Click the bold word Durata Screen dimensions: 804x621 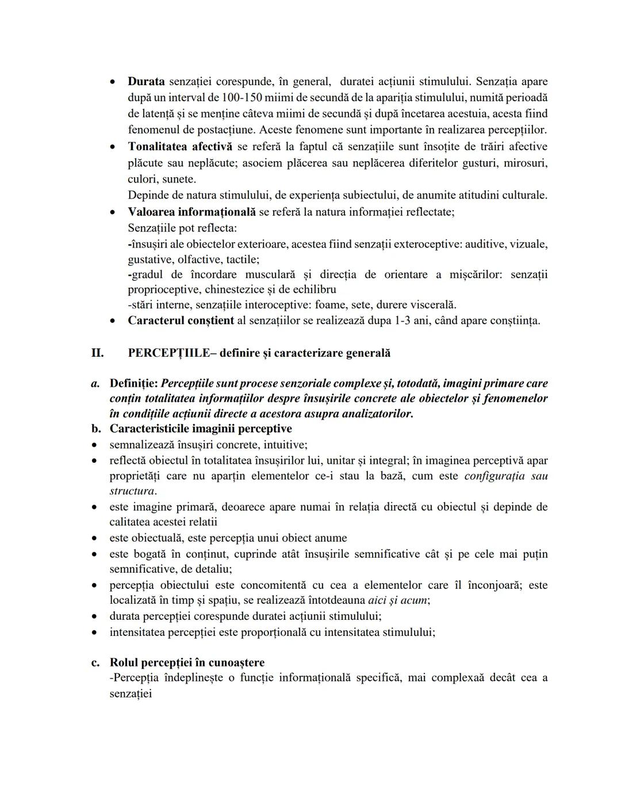pyautogui.click(x=146, y=82)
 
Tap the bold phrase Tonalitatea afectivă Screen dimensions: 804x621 pyautogui.click(x=180, y=147)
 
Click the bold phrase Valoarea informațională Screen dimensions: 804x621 pyautogui.click(x=191, y=212)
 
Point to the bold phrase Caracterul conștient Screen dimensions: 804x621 pyautogui.click(x=181, y=321)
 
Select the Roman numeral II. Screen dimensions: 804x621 pyautogui.click(x=97, y=353)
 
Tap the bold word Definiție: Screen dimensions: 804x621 pyautogui.click(x=134, y=383)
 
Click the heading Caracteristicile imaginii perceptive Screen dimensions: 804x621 pyautogui.click(x=201, y=429)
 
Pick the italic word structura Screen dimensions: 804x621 pyautogui.click(x=132, y=491)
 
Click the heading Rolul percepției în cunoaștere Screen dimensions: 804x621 pyautogui.click(x=187, y=662)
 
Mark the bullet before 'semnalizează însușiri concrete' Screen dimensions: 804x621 pyautogui.click(x=95, y=445)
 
